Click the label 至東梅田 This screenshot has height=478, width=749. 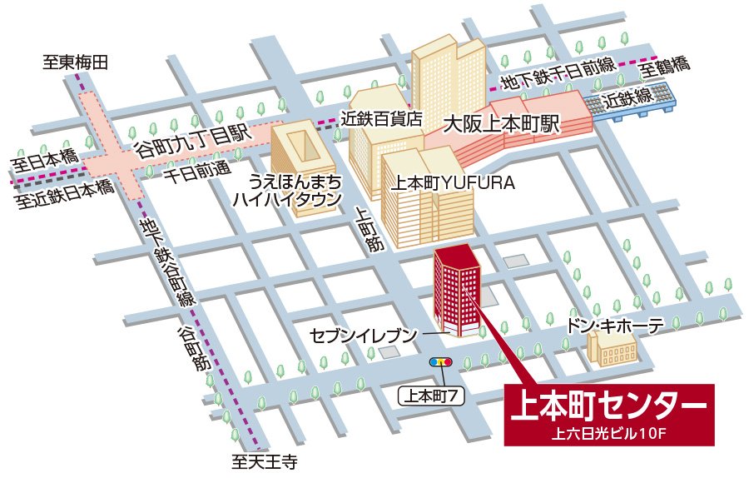pyautogui.click(x=77, y=62)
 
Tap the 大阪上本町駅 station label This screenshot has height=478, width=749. pyautogui.click(x=503, y=125)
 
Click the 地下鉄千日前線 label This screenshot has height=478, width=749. pyautogui.click(x=557, y=72)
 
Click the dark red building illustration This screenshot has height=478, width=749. pyautogui.click(x=456, y=291)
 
